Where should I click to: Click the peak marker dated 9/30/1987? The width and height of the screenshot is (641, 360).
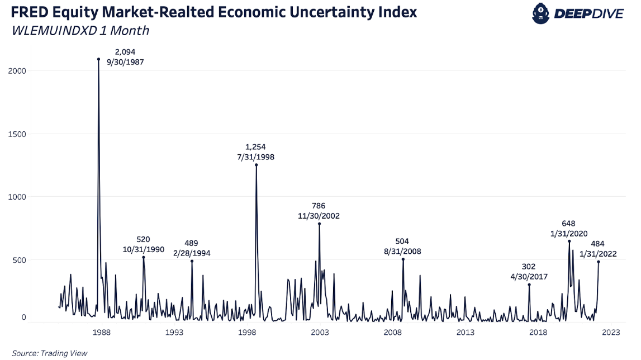[98, 59]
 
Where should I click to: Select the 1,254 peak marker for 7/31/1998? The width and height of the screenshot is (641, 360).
[256, 165]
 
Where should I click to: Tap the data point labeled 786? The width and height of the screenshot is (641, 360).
[319, 224]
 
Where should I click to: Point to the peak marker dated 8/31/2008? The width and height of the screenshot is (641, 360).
[403, 259]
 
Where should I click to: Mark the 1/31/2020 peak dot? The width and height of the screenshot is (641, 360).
[569, 241]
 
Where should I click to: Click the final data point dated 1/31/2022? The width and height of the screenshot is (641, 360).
[599, 262]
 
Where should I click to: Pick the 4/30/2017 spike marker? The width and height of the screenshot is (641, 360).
[529, 285]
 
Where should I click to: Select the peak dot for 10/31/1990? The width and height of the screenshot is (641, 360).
[143, 257]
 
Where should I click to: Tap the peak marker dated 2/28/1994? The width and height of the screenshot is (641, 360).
[192, 261]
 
